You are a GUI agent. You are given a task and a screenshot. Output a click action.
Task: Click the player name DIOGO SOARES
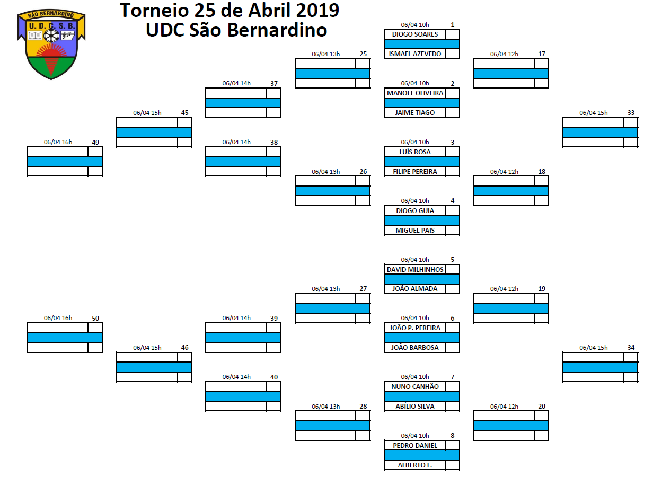pos(415,34)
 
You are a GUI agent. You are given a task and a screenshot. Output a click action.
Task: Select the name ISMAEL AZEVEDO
pos(415,54)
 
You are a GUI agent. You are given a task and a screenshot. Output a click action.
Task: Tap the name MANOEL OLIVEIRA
pos(415,93)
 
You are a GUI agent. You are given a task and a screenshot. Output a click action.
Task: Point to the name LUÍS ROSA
pos(415,152)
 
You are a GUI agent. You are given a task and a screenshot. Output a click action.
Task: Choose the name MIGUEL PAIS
pos(415,231)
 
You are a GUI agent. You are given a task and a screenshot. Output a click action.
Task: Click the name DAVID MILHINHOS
pos(415,269)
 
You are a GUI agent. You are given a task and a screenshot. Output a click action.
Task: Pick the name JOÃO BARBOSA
pos(415,348)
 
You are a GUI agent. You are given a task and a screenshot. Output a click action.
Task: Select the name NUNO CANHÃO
pos(415,386)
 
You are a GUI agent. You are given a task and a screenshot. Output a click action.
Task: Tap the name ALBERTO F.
pos(415,465)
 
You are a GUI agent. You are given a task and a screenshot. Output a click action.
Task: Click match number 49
pos(95,142)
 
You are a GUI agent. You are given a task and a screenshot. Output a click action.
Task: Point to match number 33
pos(631,112)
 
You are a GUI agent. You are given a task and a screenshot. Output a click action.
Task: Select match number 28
pos(363,406)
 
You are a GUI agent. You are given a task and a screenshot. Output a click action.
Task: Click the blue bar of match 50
pos(65,338)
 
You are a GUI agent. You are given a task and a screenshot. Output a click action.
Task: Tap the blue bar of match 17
pos(511,73)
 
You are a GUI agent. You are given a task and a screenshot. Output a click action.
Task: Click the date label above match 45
pos(147,113)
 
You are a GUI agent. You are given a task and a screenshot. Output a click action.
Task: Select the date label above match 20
pos(504,407)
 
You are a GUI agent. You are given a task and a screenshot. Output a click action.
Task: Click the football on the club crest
pos(51,36)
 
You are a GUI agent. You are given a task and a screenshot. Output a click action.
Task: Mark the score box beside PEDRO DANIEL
pos(452,446)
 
